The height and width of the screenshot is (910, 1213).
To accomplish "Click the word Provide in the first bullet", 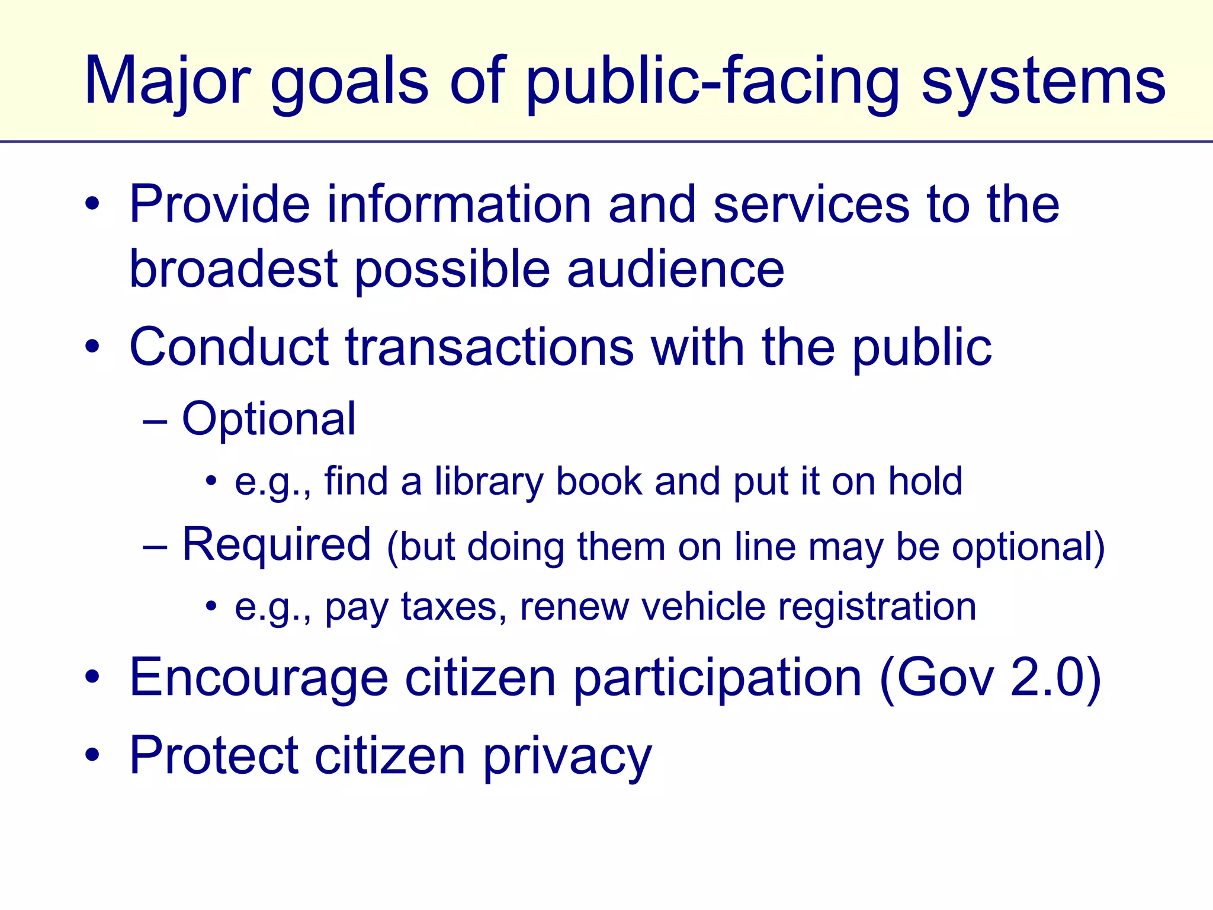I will click(x=219, y=204).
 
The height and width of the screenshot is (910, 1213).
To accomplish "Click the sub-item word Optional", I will click(x=269, y=419).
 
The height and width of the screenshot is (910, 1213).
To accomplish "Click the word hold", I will click(x=925, y=481).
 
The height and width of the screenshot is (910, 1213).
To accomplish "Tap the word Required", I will click(x=277, y=544).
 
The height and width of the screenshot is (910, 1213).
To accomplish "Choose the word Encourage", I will click(x=258, y=678).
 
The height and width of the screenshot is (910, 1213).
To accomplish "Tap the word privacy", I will click(x=567, y=757).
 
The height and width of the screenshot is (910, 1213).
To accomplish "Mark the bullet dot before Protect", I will click(x=92, y=755).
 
